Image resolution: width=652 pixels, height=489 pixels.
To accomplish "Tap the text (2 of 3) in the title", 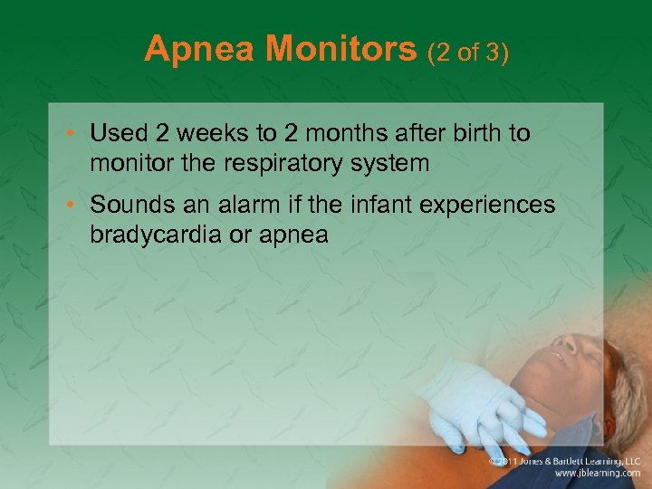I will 469,52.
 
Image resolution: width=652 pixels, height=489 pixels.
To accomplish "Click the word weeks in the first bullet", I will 211,134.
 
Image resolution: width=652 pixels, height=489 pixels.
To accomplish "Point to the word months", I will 344,134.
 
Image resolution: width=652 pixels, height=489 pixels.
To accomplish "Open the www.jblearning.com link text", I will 598,473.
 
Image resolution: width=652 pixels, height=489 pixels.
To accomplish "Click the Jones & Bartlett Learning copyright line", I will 564,460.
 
